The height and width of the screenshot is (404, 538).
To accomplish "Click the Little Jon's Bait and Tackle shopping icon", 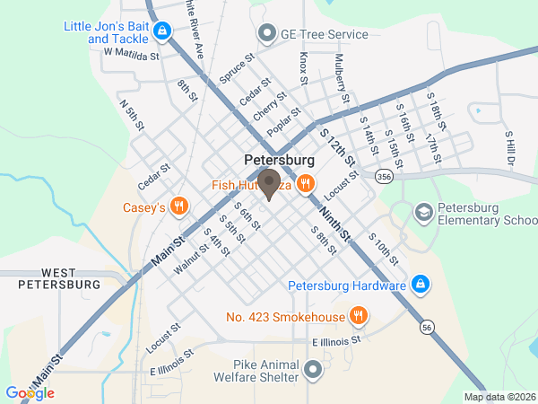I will point(161,33).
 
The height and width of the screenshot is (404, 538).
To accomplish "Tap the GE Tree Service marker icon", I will point(266,34).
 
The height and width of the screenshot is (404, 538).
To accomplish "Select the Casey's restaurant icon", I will point(180,207).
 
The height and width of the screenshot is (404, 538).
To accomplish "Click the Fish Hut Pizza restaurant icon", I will point(306,185).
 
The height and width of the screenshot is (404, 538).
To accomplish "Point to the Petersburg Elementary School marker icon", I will point(423,212).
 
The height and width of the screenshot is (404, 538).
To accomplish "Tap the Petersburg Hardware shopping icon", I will point(420,286).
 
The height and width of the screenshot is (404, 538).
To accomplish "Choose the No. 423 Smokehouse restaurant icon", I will point(359,316).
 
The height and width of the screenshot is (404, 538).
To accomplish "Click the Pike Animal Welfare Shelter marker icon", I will point(312,369).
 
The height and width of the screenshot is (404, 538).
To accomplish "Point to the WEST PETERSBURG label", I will point(58,278).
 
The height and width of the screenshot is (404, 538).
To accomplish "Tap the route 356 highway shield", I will point(384,176).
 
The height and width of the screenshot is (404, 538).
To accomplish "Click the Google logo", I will point(30,392).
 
